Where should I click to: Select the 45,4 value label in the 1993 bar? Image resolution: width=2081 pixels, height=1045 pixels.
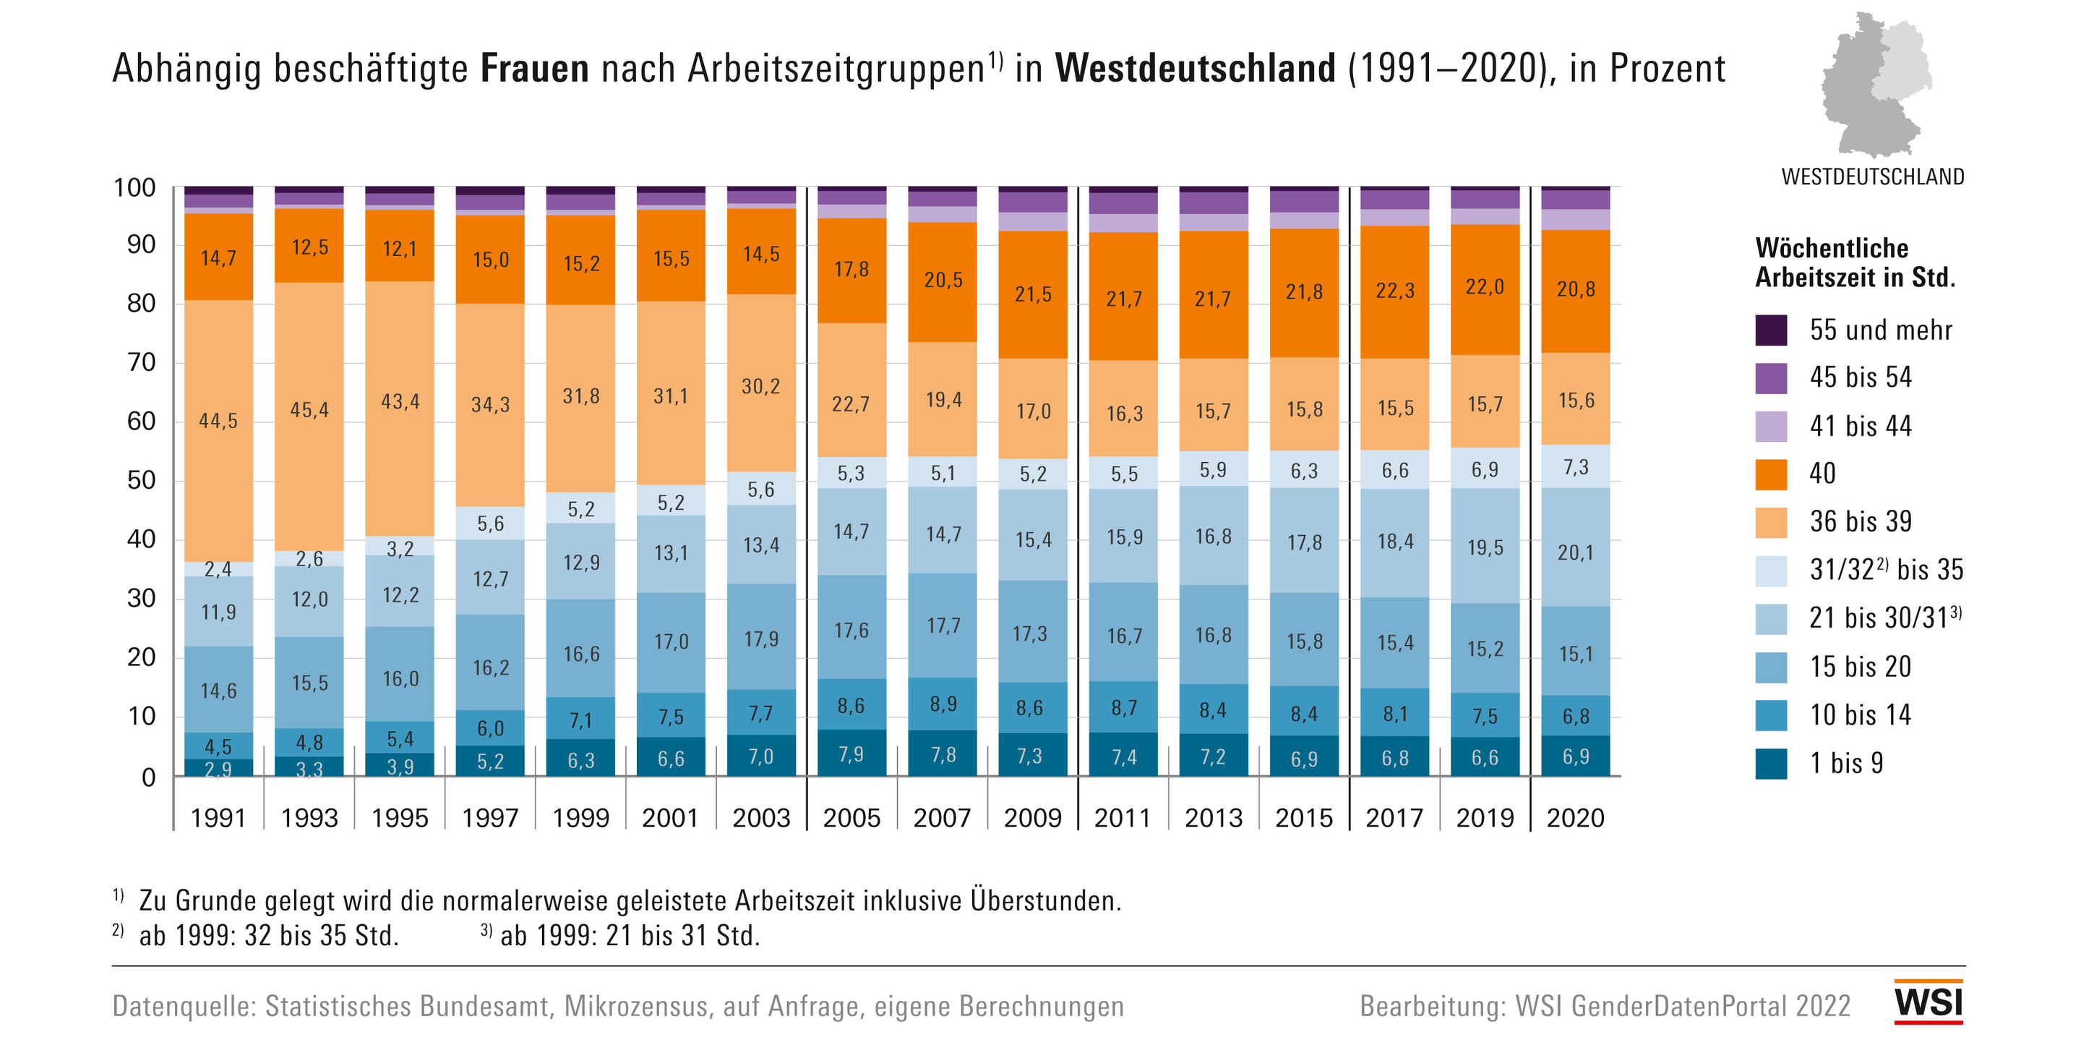tap(309, 411)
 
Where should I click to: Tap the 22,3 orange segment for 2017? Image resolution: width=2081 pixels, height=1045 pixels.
tap(1394, 291)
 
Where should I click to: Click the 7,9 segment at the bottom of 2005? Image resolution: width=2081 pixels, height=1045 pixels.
tap(851, 754)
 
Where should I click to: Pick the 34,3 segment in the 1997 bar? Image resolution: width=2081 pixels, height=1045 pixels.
tap(490, 405)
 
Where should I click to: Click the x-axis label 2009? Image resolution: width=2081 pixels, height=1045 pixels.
tap(1032, 818)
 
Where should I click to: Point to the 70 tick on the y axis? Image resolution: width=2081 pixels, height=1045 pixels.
tap(142, 362)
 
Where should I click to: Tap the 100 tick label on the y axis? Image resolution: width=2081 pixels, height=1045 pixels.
tap(134, 187)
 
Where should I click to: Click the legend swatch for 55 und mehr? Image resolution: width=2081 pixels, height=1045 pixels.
tap(1771, 330)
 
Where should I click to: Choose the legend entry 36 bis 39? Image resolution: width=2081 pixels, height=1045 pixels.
tap(1861, 522)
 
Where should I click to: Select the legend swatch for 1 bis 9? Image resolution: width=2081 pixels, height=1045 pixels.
tap(1771, 764)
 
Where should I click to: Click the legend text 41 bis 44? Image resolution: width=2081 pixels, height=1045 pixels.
tap(1861, 426)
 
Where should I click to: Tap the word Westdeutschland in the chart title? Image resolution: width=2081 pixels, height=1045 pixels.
tap(1195, 69)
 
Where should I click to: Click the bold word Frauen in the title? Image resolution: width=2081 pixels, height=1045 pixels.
tap(534, 69)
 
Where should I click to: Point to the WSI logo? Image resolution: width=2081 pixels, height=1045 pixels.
tap(1928, 1003)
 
